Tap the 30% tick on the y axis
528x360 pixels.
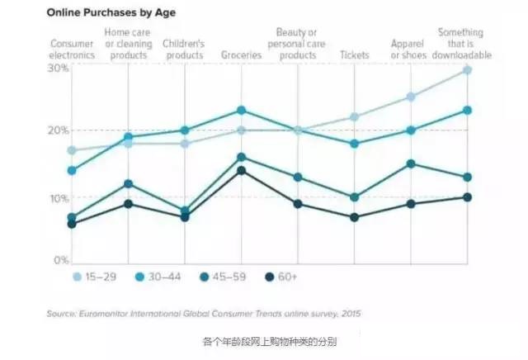[x=59, y=68]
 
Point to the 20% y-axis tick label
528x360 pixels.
[x=59, y=131]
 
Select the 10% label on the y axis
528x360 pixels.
[x=59, y=197]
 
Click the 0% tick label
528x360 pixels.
[x=61, y=260]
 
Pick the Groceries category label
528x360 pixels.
[x=241, y=55]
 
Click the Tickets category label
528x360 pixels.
[x=355, y=55]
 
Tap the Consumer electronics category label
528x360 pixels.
[x=73, y=50]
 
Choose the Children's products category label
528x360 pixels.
[x=183, y=50]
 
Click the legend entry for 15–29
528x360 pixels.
[x=97, y=277]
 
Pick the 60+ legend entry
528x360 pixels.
[x=283, y=277]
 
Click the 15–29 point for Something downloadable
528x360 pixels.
[x=467, y=70]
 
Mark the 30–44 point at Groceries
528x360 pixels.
[x=241, y=110]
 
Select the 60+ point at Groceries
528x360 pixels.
[x=241, y=171]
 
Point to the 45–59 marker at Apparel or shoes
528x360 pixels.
[x=411, y=163]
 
